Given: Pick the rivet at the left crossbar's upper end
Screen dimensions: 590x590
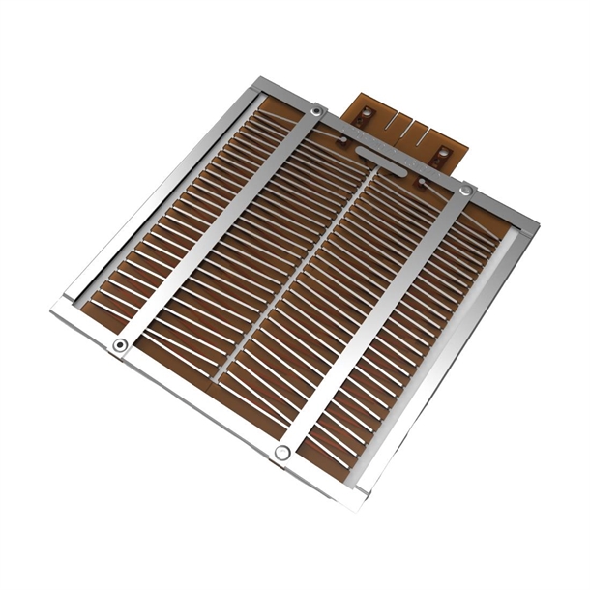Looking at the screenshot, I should pos(316,113).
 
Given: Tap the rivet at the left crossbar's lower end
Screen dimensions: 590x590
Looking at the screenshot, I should pos(120,345).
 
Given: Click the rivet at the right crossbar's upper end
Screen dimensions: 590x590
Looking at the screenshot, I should pos(466,192).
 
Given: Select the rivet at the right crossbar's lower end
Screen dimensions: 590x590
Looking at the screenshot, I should pos(282,452).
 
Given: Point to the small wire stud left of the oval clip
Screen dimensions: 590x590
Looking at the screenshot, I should pos(341,141).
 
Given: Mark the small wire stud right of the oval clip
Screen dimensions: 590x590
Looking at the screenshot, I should pos(422,181).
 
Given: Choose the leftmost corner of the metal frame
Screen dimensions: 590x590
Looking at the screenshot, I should pos(52,310).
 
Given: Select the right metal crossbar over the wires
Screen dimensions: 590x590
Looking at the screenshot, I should pos(377,319).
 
